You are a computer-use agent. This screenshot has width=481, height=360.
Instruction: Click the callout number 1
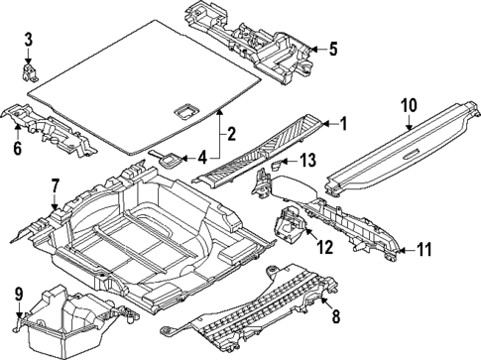[x=343, y=124]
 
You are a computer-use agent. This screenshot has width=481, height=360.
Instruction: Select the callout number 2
[x=230, y=135]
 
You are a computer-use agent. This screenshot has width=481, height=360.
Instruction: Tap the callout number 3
[x=29, y=40]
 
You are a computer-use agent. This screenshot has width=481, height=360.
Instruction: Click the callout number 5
[x=333, y=49]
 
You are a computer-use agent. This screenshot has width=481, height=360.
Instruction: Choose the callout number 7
[x=56, y=184]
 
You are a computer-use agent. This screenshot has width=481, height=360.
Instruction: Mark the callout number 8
[x=334, y=317]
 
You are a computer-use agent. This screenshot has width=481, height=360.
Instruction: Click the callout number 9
[x=18, y=294]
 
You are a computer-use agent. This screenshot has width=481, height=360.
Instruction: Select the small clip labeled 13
[x=281, y=165]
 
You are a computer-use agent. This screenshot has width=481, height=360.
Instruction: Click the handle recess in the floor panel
[x=184, y=111]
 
